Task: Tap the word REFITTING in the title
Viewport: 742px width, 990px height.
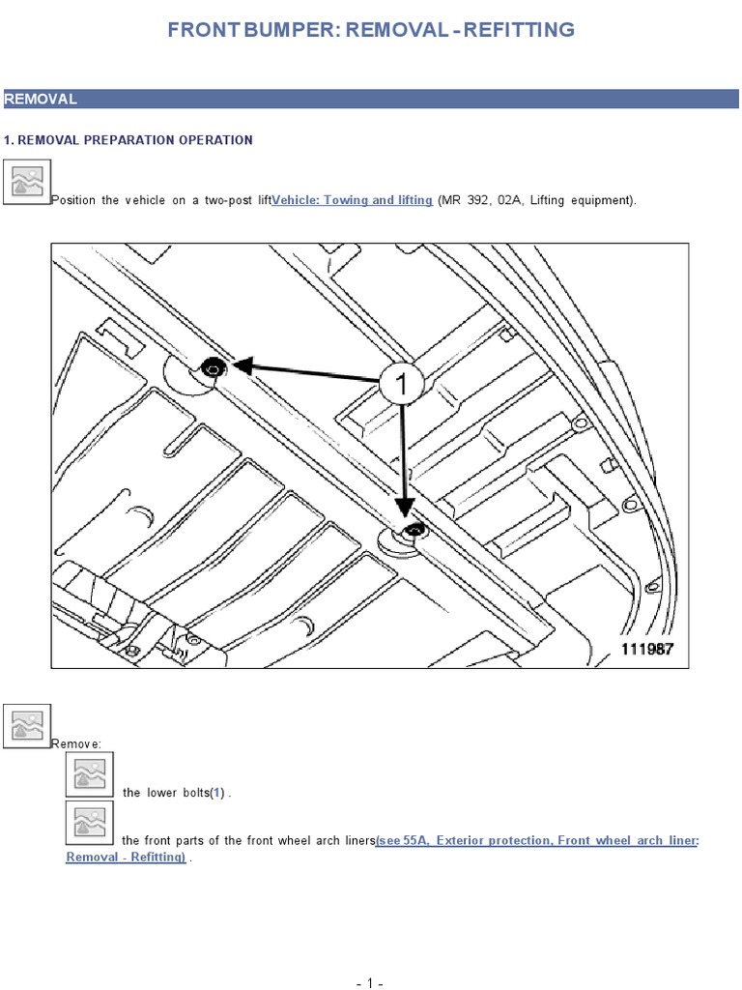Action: pyautogui.click(x=519, y=30)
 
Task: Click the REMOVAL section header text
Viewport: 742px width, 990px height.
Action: pyautogui.click(x=41, y=100)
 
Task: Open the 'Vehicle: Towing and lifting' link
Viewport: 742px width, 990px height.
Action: pyautogui.click(x=352, y=200)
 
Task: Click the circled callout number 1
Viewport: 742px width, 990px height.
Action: pyautogui.click(x=401, y=383)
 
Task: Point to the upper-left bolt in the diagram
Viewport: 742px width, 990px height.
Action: pyautogui.click(x=214, y=367)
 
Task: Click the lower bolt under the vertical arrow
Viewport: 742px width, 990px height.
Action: pyautogui.click(x=414, y=530)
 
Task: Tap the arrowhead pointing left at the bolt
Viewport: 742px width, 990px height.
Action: pyautogui.click(x=243, y=364)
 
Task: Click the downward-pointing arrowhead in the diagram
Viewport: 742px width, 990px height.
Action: pyautogui.click(x=404, y=507)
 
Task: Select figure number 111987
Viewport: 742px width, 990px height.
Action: pyautogui.click(x=647, y=649)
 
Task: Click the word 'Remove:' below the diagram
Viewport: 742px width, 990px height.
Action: pyautogui.click(x=75, y=743)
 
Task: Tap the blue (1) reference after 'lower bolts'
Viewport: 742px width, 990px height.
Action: pyautogui.click(x=217, y=793)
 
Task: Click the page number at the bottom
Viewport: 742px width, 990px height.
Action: pyautogui.click(x=370, y=982)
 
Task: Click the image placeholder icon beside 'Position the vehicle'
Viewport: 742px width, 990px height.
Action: pyautogui.click(x=26, y=182)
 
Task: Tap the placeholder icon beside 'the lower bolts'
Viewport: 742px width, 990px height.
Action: pyautogui.click(x=90, y=774)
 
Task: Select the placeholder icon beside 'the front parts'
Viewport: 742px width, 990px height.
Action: pyautogui.click(x=90, y=823)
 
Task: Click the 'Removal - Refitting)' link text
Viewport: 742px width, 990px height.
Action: pyautogui.click(x=127, y=857)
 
